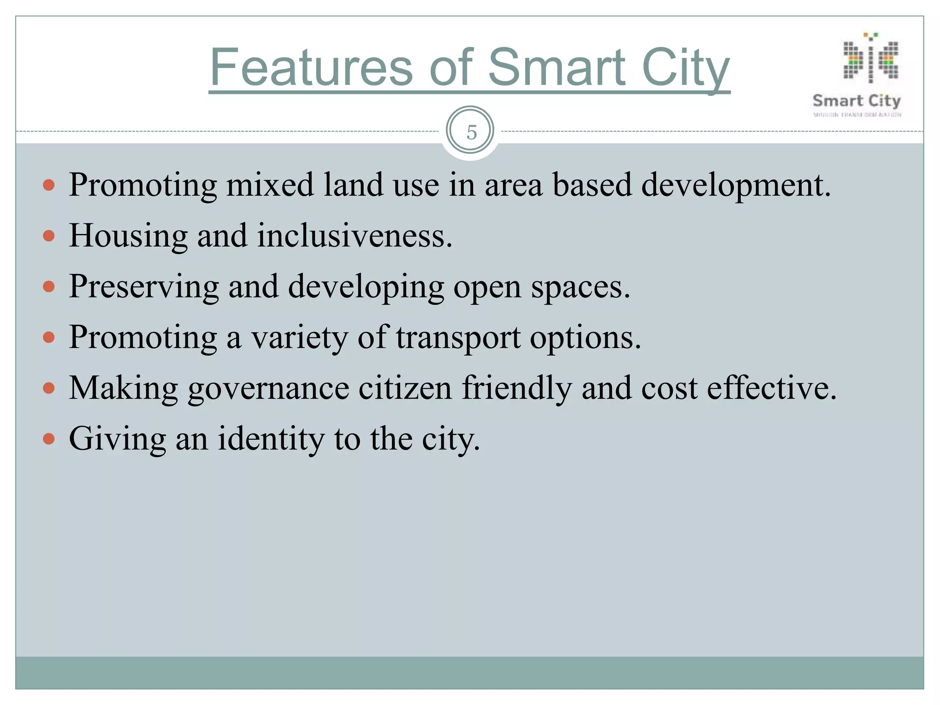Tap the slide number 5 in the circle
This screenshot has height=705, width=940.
tap(471, 132)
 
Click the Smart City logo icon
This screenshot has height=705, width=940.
tap(870, 60)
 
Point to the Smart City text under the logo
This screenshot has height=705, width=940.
tap(856, 101)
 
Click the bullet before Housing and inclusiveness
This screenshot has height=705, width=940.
tap(49, 236)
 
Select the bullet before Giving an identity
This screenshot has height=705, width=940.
tap(49, 439)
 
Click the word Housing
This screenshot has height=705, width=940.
tap(128, 236)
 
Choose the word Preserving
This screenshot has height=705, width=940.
tap(144, 287)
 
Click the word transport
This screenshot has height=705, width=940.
tap(458, 338)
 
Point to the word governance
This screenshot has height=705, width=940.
tap(269, 389)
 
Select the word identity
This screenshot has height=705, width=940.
tap(271, 439)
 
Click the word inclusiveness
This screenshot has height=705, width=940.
tap(354, 236)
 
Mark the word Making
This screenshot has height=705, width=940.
tap(123, 389)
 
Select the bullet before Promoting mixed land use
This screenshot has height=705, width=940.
tap(49, 185)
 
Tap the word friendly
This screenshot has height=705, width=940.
tap(517, 389)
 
